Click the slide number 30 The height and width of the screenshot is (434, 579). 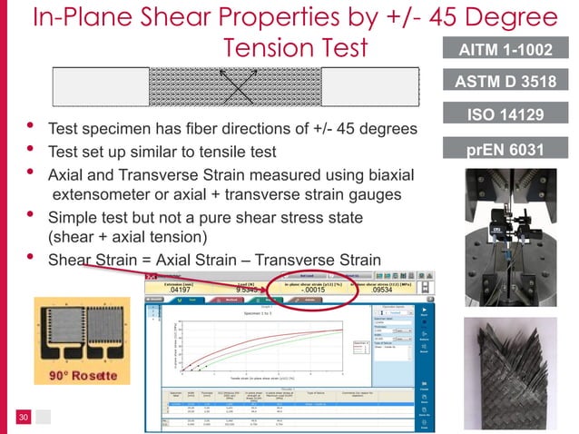click(25, 417)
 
